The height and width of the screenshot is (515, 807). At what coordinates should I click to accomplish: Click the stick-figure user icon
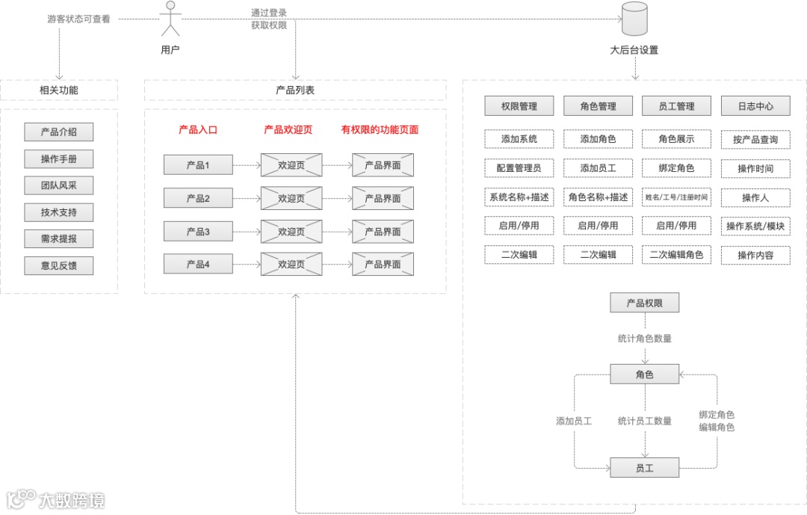(x=170, y=19)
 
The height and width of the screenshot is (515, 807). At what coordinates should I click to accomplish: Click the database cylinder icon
(x=634, y=19)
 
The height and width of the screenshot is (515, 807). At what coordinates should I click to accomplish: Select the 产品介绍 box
(x=59, y=132)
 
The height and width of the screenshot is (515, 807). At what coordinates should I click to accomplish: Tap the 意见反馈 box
(x=59, y=265)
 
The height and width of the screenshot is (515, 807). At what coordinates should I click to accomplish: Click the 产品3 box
(x=198, y=232)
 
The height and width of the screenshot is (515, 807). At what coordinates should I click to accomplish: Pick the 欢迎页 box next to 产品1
(x=291, y=164)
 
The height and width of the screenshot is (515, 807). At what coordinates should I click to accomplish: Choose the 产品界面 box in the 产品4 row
(x=383, y=264)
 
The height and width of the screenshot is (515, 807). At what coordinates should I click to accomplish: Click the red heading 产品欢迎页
(x=288, y=129)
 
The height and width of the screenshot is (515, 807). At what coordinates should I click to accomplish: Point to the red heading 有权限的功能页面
(x=380, y=129)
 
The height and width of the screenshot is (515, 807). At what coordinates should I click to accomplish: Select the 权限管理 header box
(x=519, y=106)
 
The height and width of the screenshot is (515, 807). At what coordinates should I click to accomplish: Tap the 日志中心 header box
(x=755, y=106)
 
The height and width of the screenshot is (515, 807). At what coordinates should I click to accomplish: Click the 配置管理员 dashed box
(x=519, y=168)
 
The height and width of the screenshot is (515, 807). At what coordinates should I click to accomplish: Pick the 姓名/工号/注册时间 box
(x=676, y=197)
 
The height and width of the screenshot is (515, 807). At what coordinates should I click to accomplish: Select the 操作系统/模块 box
(x=755, y=226)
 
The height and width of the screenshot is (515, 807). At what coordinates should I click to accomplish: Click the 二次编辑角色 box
(x=676, y=254)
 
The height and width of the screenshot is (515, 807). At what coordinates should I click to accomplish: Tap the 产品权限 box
(x=644, y=303)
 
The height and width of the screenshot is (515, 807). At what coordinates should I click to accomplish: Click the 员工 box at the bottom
(x=644, y=468)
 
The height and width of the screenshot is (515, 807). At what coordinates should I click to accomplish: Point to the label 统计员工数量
(x=644, y=421)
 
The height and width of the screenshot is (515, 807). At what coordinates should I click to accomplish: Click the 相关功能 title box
(x=59, y=90)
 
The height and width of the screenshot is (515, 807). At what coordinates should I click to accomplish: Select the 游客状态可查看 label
(x=78, y=19)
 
